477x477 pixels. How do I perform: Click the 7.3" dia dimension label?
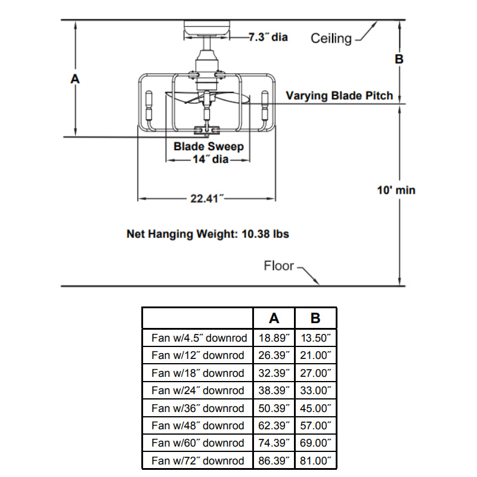pyautogui.click(x=268, y=37)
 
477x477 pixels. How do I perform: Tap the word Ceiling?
pyautogui.click(x=331, y=39)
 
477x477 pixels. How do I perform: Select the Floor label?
pyautogui.click(x=279, y=265)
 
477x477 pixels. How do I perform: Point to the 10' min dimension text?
pyautogui.click(x=397, y=190)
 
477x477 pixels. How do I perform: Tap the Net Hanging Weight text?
pyautogui.click(x=207, y=234)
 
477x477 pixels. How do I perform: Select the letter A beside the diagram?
pyautogui.click(x=75, y=79)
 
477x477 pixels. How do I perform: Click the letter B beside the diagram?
pyautogui.click(x=399, y=59)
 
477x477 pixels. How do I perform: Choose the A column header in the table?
pyautogui.click(x=274, y=318)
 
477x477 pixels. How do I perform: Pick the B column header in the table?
pyautogui.click(x=316, y=318)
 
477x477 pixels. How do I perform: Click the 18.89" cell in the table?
pyautogui.click(x=274, y=338)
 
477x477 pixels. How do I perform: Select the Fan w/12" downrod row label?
pyautogui.click(x=198, y=355)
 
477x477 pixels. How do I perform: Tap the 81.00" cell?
pyautogui.click(x=316, y=461)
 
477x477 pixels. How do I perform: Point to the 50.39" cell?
pyautogui.click(x=274, y=408)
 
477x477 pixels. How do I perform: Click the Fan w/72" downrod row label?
pyautogui.click(x=198, y=461)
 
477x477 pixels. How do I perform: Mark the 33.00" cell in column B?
pyautogui.click(x=316, y=391)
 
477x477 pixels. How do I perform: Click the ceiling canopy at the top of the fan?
pyautogui.click(x=207, y=27)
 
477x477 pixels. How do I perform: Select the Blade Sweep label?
pyautogui.click(x=209, y=146)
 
